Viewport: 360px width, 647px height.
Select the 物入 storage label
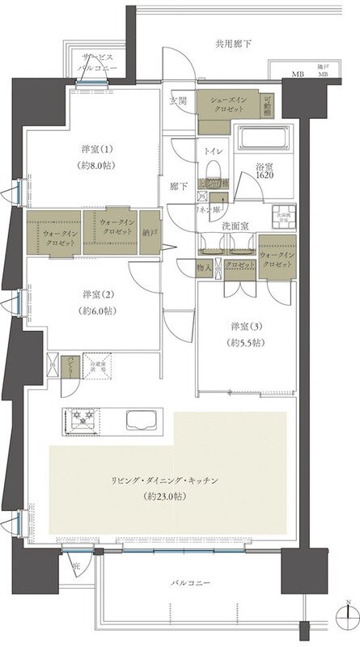[x=205, y=266]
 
